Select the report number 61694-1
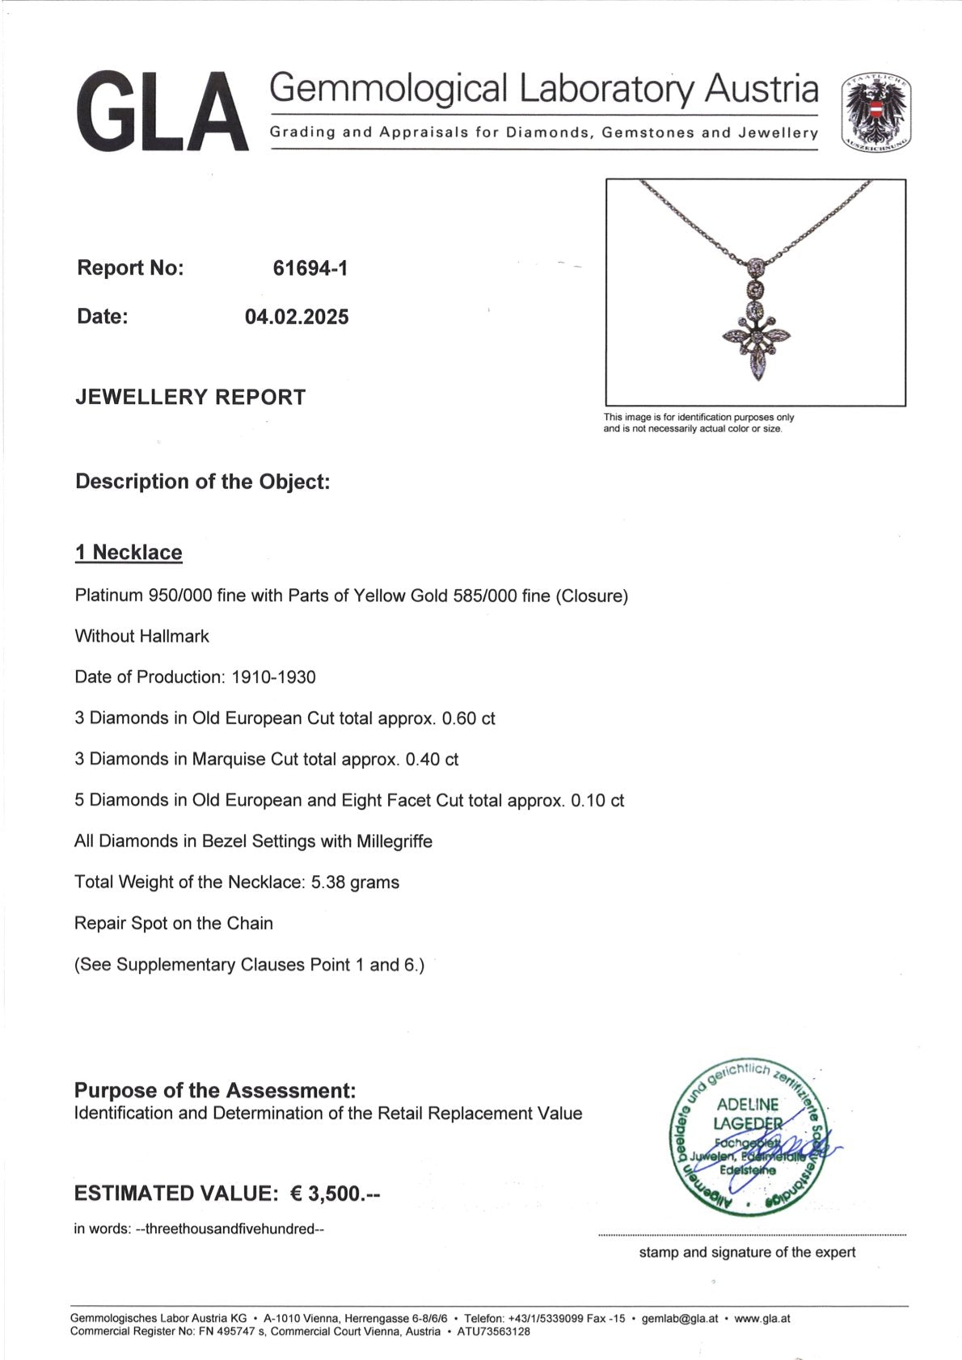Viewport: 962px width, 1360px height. tap(310, 268)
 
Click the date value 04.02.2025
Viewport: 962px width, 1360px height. tap(297, 317)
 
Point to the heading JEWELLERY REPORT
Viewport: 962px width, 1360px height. tap(191, 398)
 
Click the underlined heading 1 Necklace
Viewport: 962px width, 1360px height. tap(129, 553)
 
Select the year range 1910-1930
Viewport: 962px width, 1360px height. tap(273, 677)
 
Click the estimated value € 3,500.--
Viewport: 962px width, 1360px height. tap(335, 1194)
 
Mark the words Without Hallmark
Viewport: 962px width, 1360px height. tap(141, 637)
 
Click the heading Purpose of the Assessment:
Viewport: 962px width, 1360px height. tap(215, 1091)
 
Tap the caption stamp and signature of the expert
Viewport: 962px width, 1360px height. tap(747, 1253)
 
